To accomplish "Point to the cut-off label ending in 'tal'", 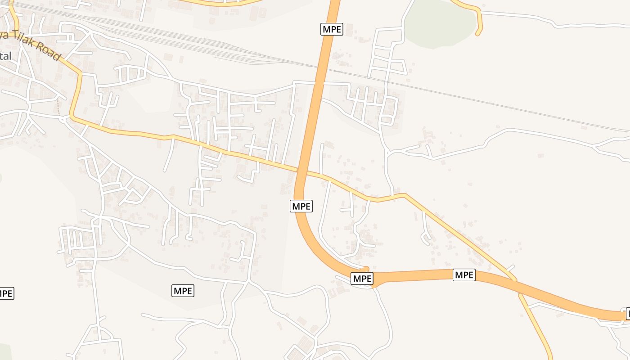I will click(5, 56).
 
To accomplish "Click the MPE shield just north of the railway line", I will click(332, 30).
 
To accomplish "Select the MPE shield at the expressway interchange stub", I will click(362, 279).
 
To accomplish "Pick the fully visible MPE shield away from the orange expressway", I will click(183, 291).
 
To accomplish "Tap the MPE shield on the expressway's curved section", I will click(301, 206).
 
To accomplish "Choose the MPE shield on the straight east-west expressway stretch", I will click(464, 274).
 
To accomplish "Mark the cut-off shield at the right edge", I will click(627, 313).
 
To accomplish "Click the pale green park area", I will click(439, 22).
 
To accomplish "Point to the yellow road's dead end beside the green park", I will click(478, 33).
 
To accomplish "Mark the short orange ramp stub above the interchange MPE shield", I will click(366, 269).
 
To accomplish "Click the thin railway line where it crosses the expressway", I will click(322, 67).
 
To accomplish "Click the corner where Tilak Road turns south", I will click(80, 73).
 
